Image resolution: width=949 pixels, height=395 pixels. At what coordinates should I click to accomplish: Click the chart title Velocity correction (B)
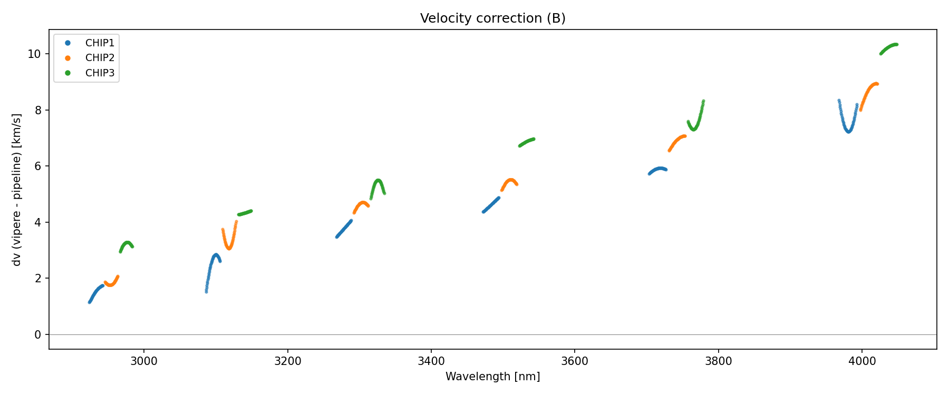click(x=492, y=18)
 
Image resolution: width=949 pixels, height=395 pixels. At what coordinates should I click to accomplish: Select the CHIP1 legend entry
click(x=100, y=43)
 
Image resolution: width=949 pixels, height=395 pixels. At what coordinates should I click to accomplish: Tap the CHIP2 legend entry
click(x=100, y=58)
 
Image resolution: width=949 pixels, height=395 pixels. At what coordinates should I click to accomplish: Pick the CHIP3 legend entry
click(x=100, y=73)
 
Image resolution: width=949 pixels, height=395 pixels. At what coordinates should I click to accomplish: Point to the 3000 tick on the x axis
click(x=144, y=361)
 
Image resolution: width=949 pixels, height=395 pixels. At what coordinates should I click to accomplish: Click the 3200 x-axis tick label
click(x=288, y=361)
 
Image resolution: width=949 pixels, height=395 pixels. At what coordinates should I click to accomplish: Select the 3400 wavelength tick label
click(x=431, y=361)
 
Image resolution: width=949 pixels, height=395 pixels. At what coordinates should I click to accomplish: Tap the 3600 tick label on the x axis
click(x=575, y=361)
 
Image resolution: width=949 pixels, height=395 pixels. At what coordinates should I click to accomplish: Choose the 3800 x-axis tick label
click(x=718, y=361)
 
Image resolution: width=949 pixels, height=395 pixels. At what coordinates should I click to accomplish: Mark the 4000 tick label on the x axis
click(x=861, y=361)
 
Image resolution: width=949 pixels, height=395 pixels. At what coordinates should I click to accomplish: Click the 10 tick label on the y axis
click(x=34, y=54)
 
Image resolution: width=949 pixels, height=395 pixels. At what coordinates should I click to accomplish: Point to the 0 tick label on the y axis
click(x=37, y=335)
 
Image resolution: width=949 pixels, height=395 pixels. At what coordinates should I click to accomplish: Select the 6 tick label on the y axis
click(x=37, y=166)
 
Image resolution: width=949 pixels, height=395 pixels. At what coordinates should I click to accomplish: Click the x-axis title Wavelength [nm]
click(x=492, y=377)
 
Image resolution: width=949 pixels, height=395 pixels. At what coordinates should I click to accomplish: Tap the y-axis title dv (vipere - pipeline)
click(x=17, y=190)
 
